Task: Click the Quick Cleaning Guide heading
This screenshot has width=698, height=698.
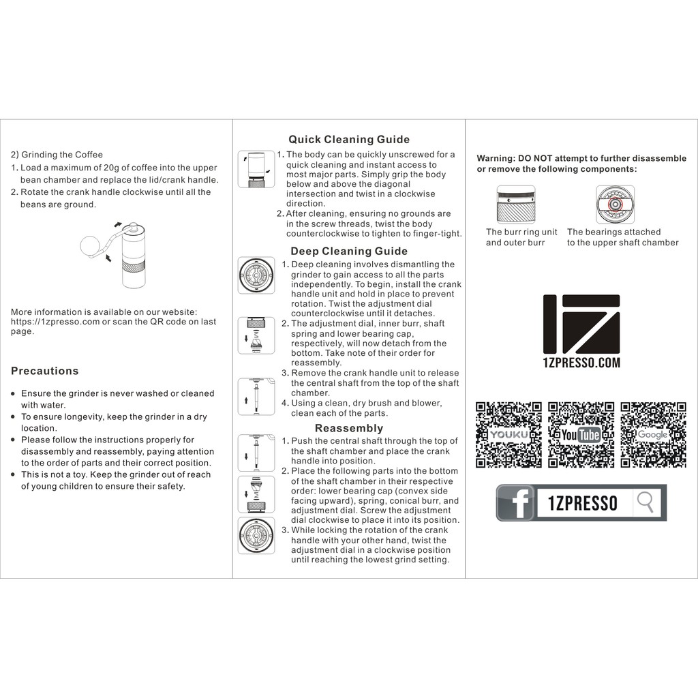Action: (x=349, y=139)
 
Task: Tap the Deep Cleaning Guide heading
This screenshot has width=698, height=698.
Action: (x=349, y=251)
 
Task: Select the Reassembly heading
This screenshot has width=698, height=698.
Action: (x=349, y=428)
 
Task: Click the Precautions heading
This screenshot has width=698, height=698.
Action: (x=44, y=371)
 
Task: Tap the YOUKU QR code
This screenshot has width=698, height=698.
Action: (x=509, y=435)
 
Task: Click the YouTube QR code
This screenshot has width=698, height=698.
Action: (x=581, y=435)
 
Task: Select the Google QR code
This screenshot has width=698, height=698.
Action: (x=654, y=435)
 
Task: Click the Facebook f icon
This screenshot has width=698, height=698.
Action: (x=515, y=503)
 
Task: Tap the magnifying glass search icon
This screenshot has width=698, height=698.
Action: (x=645, y=502)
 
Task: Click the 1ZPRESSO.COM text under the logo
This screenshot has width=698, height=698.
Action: (x=581, y=363)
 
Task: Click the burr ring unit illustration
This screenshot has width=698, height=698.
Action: (x=516, y=204)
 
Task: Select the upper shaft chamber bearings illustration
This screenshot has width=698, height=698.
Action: (x=616, y=204)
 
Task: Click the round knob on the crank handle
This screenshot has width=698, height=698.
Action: (x=89, y=246)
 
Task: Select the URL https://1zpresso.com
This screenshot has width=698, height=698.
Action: (x=55, y=322)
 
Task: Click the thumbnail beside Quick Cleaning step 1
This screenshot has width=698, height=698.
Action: (x=256, y=169)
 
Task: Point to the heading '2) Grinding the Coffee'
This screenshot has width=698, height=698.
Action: (x=57, y=155)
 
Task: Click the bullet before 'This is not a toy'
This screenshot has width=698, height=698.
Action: (x=14, y=474)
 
